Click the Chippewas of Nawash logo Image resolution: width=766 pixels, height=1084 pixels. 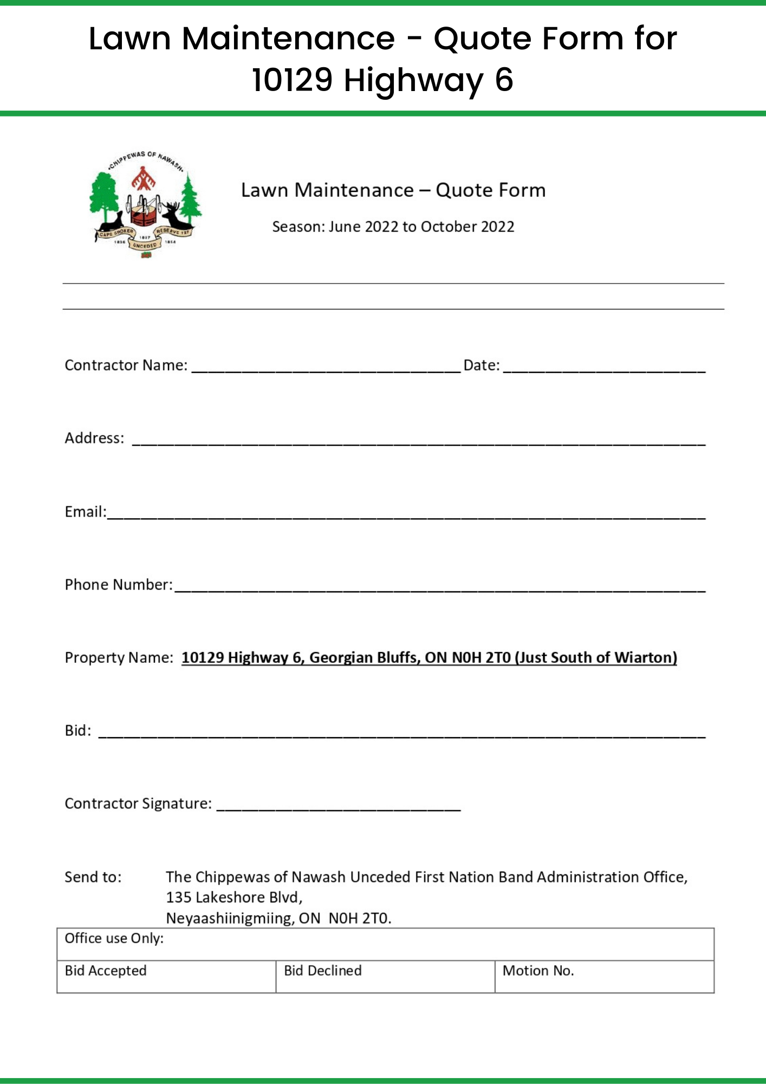tap(145, 204)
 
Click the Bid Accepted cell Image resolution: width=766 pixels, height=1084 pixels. tap(166, 976)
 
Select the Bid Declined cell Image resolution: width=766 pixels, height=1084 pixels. tap(385, 976)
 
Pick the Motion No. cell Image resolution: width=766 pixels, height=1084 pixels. tap(604, 976)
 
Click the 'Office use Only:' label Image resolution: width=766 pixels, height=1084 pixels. tap(114, 939)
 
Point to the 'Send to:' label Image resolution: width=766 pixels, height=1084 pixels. tap(93, 877)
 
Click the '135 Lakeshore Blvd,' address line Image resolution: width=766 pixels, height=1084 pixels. tap(234, 898)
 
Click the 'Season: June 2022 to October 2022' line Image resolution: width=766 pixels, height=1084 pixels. tap(393, 227)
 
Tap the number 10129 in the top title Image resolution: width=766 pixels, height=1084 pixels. tap(292, 80)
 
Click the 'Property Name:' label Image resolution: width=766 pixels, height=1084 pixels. tap(119, 657)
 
